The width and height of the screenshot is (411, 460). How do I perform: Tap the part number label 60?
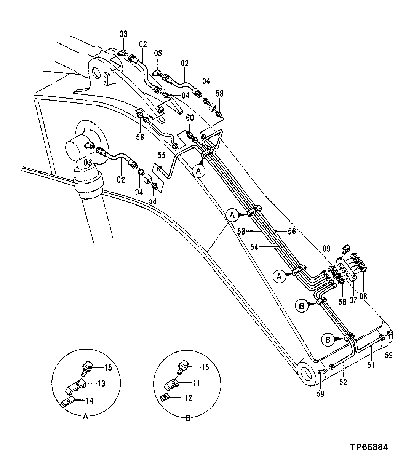click(189, 118)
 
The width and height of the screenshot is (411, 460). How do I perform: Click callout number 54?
click(254, 247)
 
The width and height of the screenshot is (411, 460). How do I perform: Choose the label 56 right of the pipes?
click(291, 231)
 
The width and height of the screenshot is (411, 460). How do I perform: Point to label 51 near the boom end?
click(371, 366)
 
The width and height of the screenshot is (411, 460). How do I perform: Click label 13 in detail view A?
click(101, 383)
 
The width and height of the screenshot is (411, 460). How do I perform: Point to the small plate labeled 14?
click(68, 401)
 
